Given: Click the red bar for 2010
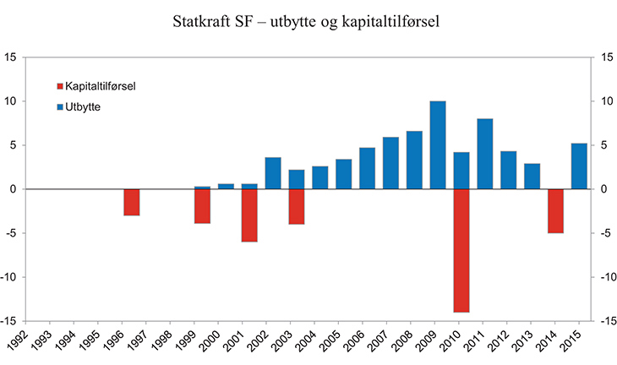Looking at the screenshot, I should click(x=461, y=250).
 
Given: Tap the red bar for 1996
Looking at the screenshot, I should click(x=131, y=202).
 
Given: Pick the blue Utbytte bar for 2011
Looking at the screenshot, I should click(x=485, y=154).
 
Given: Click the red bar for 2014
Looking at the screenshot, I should click(x=555, y=210).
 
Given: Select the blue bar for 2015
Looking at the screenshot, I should click(x=579, y=166).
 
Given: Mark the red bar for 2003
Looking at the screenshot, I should click(x=296, y=206).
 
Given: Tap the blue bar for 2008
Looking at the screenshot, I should click(x=414, y=160).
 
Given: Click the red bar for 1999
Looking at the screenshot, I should click(x=202, y=206).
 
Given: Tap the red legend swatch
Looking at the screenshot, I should click(x=59, y=86).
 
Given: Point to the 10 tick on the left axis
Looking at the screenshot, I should click(x=12, y=101).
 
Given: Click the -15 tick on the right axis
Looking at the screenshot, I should click(x=603, y=321).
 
